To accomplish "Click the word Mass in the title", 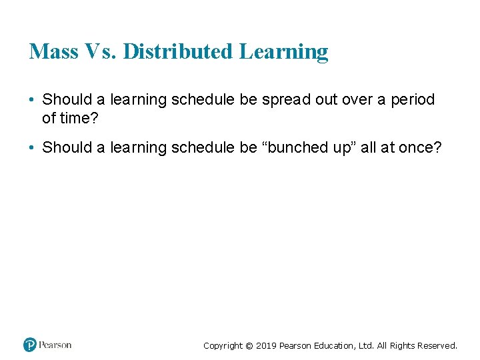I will (53, 52).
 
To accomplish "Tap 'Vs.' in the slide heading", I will (101, 52).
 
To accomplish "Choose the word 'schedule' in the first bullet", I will (199, 100).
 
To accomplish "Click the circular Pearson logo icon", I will (30, 345).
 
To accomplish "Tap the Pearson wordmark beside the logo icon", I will (55, 345).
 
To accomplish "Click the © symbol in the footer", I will (249, 346).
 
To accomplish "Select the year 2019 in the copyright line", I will (266, 345).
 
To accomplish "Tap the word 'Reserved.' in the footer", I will (436, 345).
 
